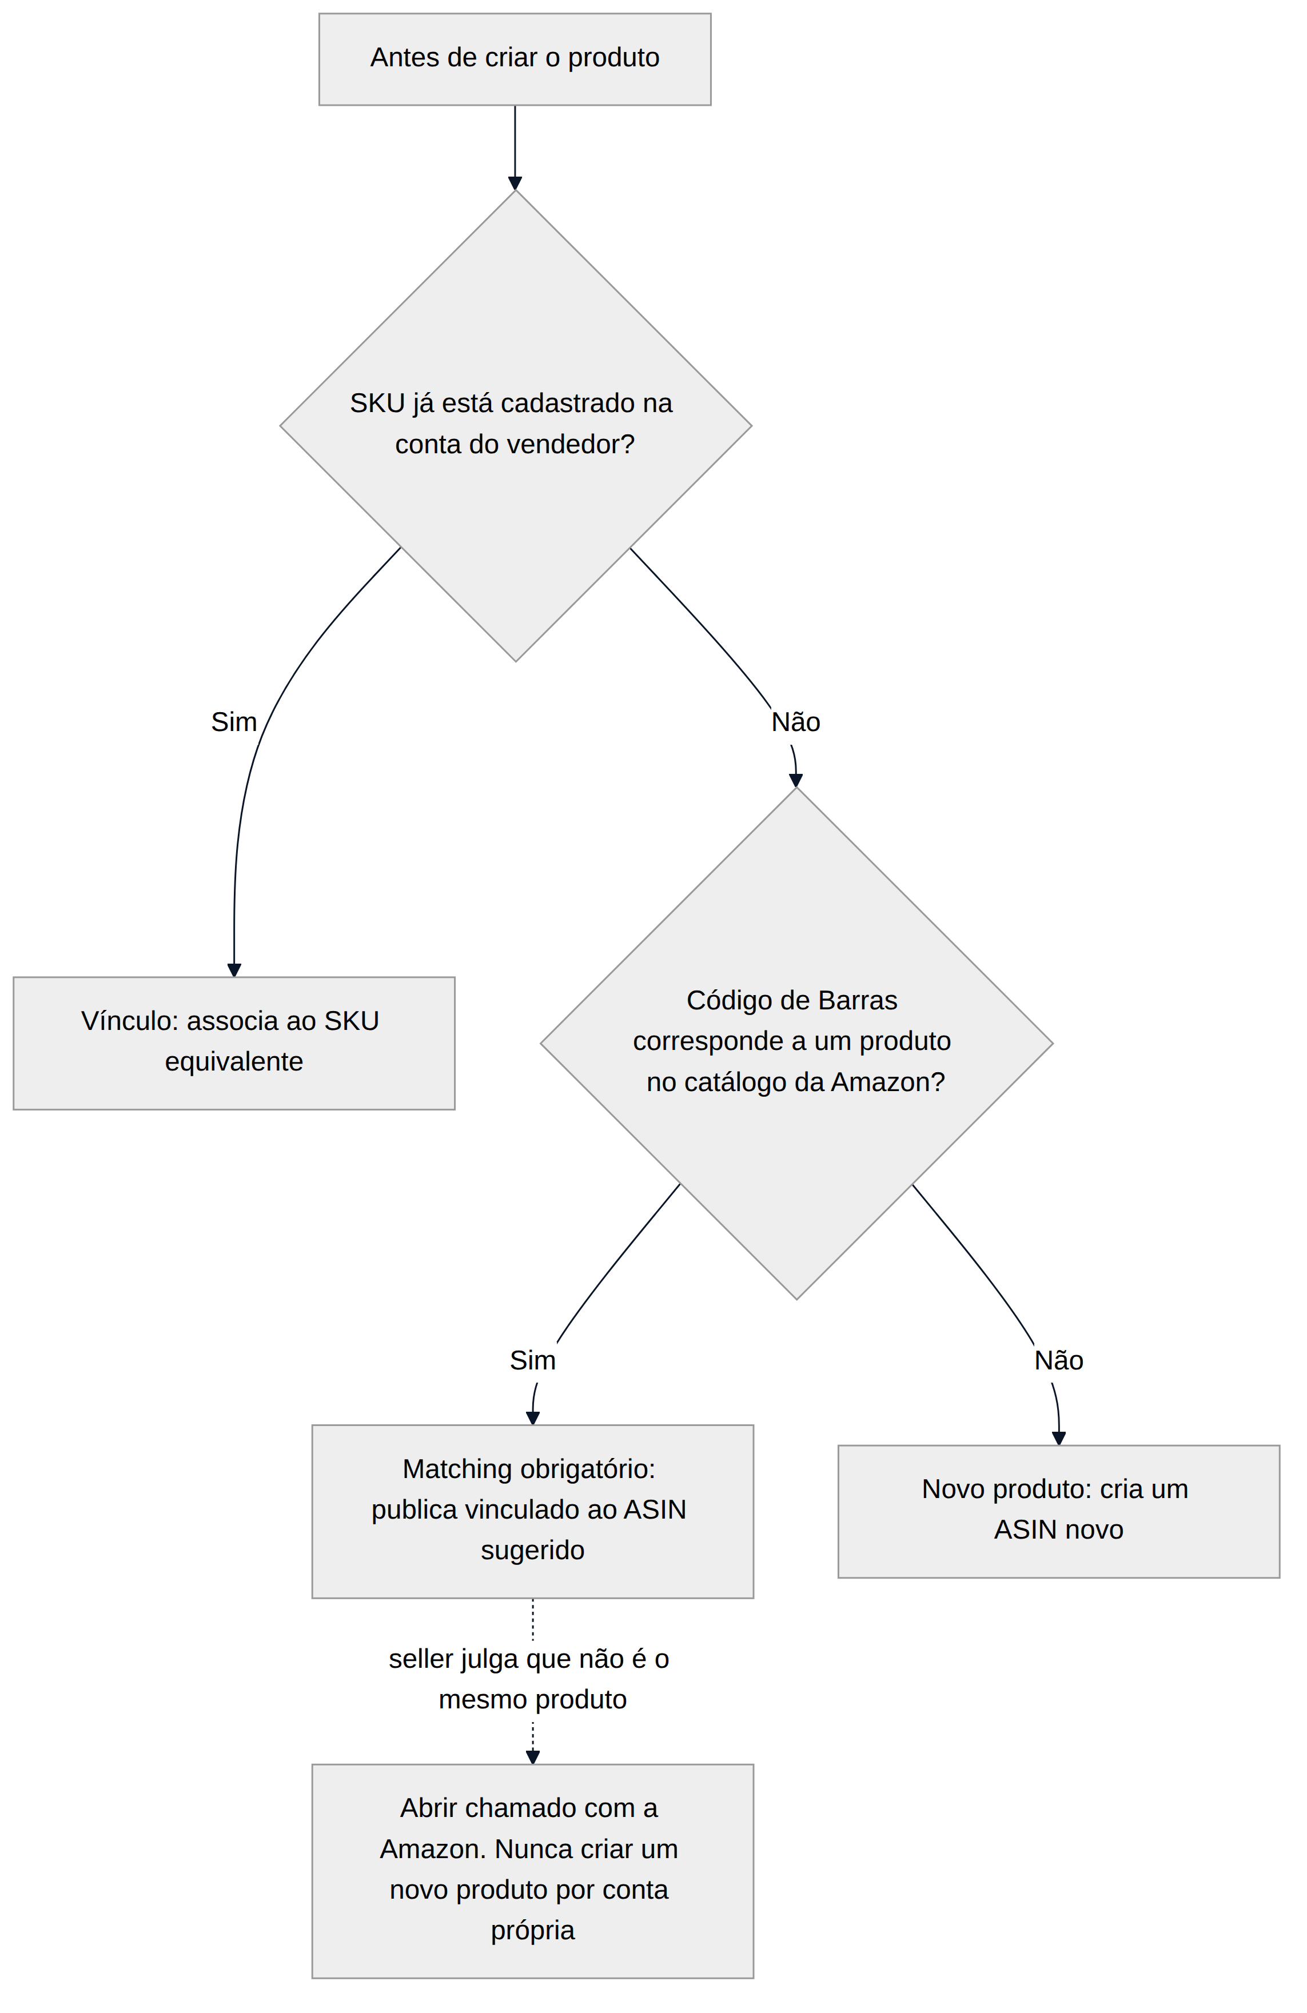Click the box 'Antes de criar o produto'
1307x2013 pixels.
point(515,59)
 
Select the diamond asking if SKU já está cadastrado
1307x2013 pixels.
point(515,425)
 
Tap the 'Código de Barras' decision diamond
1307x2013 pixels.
point(796,1044)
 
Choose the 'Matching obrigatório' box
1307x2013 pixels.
point(533,1511)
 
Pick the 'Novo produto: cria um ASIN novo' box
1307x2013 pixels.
point(1058,1511)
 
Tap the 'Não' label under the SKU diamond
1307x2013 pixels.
point(795,721)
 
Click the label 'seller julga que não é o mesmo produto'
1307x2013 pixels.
point(529,1679)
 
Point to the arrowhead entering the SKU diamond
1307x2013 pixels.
point(515,183)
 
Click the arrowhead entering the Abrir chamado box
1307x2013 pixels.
point(533,1758)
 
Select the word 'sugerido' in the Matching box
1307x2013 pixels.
point(533,1551)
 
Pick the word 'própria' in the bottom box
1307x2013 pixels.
point(533,1930)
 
